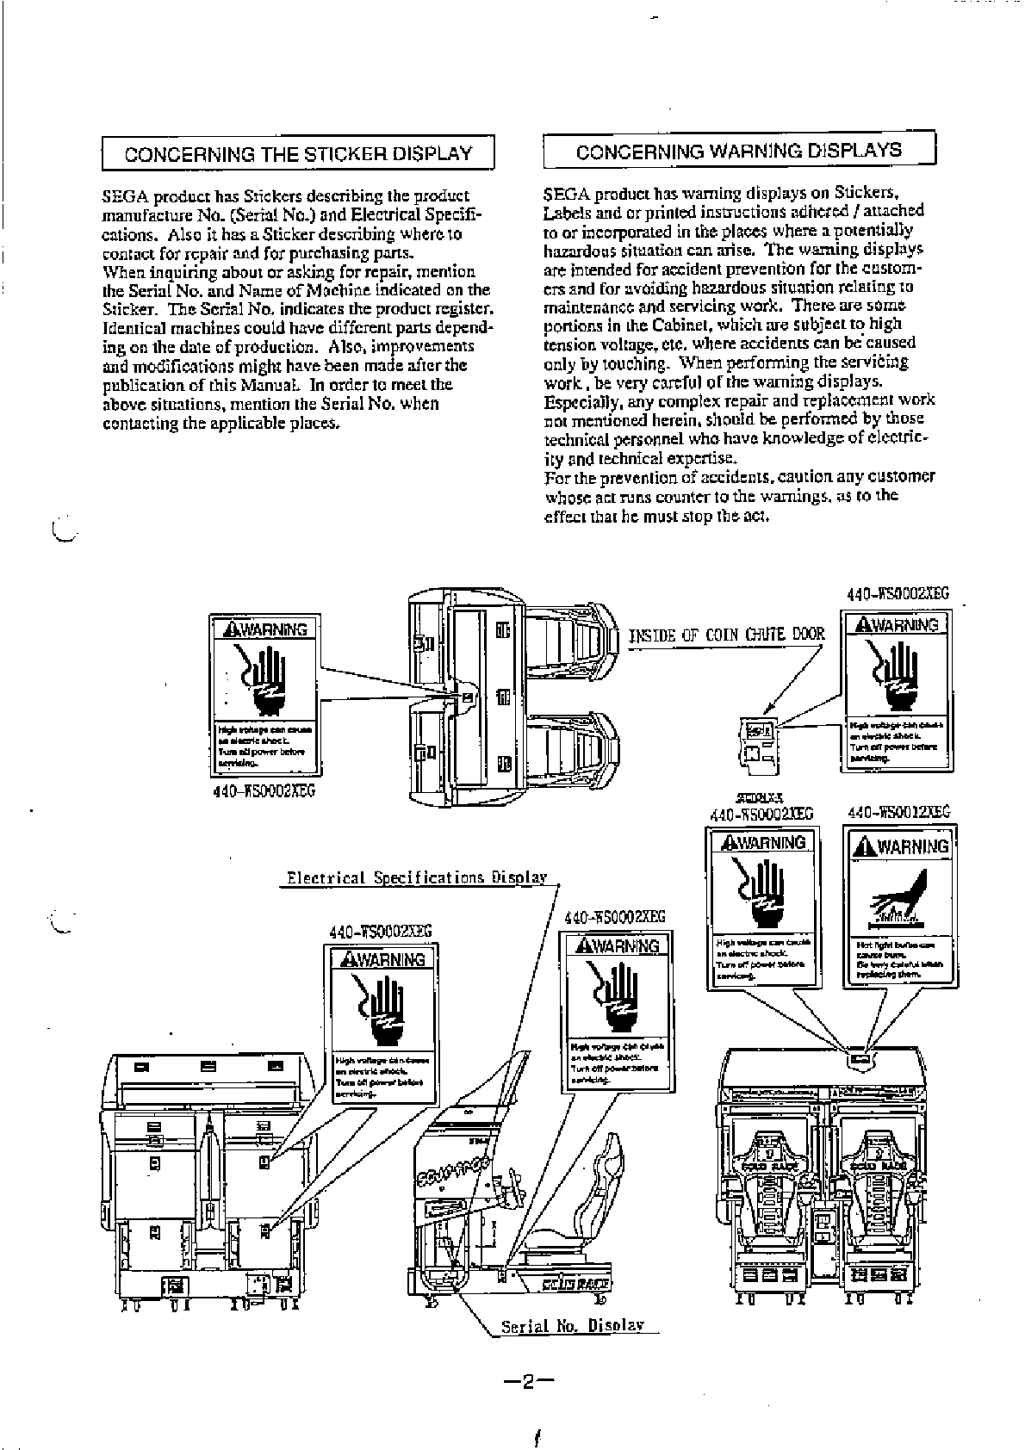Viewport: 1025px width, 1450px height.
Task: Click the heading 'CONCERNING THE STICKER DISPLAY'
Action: (298, 154)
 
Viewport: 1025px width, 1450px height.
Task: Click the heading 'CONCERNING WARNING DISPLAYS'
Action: (738, 151)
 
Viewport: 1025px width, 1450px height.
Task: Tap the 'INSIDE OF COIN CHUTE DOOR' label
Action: (727, 635)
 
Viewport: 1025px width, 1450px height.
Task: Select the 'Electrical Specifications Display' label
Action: (417, 877)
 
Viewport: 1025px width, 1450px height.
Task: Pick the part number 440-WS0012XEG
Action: (898, 812)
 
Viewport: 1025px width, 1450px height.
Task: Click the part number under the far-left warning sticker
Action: (264, 790)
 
